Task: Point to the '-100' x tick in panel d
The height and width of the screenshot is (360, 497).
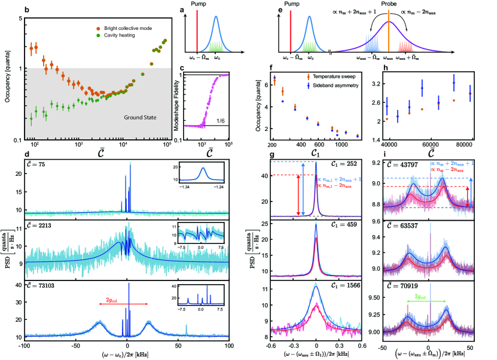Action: (25, 346)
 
